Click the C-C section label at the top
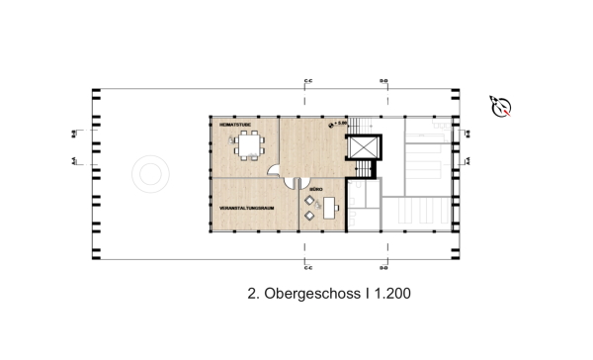[x=308, y=79]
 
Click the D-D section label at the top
[x=383, y=79]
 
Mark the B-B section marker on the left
[x=75, y=133]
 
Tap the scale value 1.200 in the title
[x=390, y=294]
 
